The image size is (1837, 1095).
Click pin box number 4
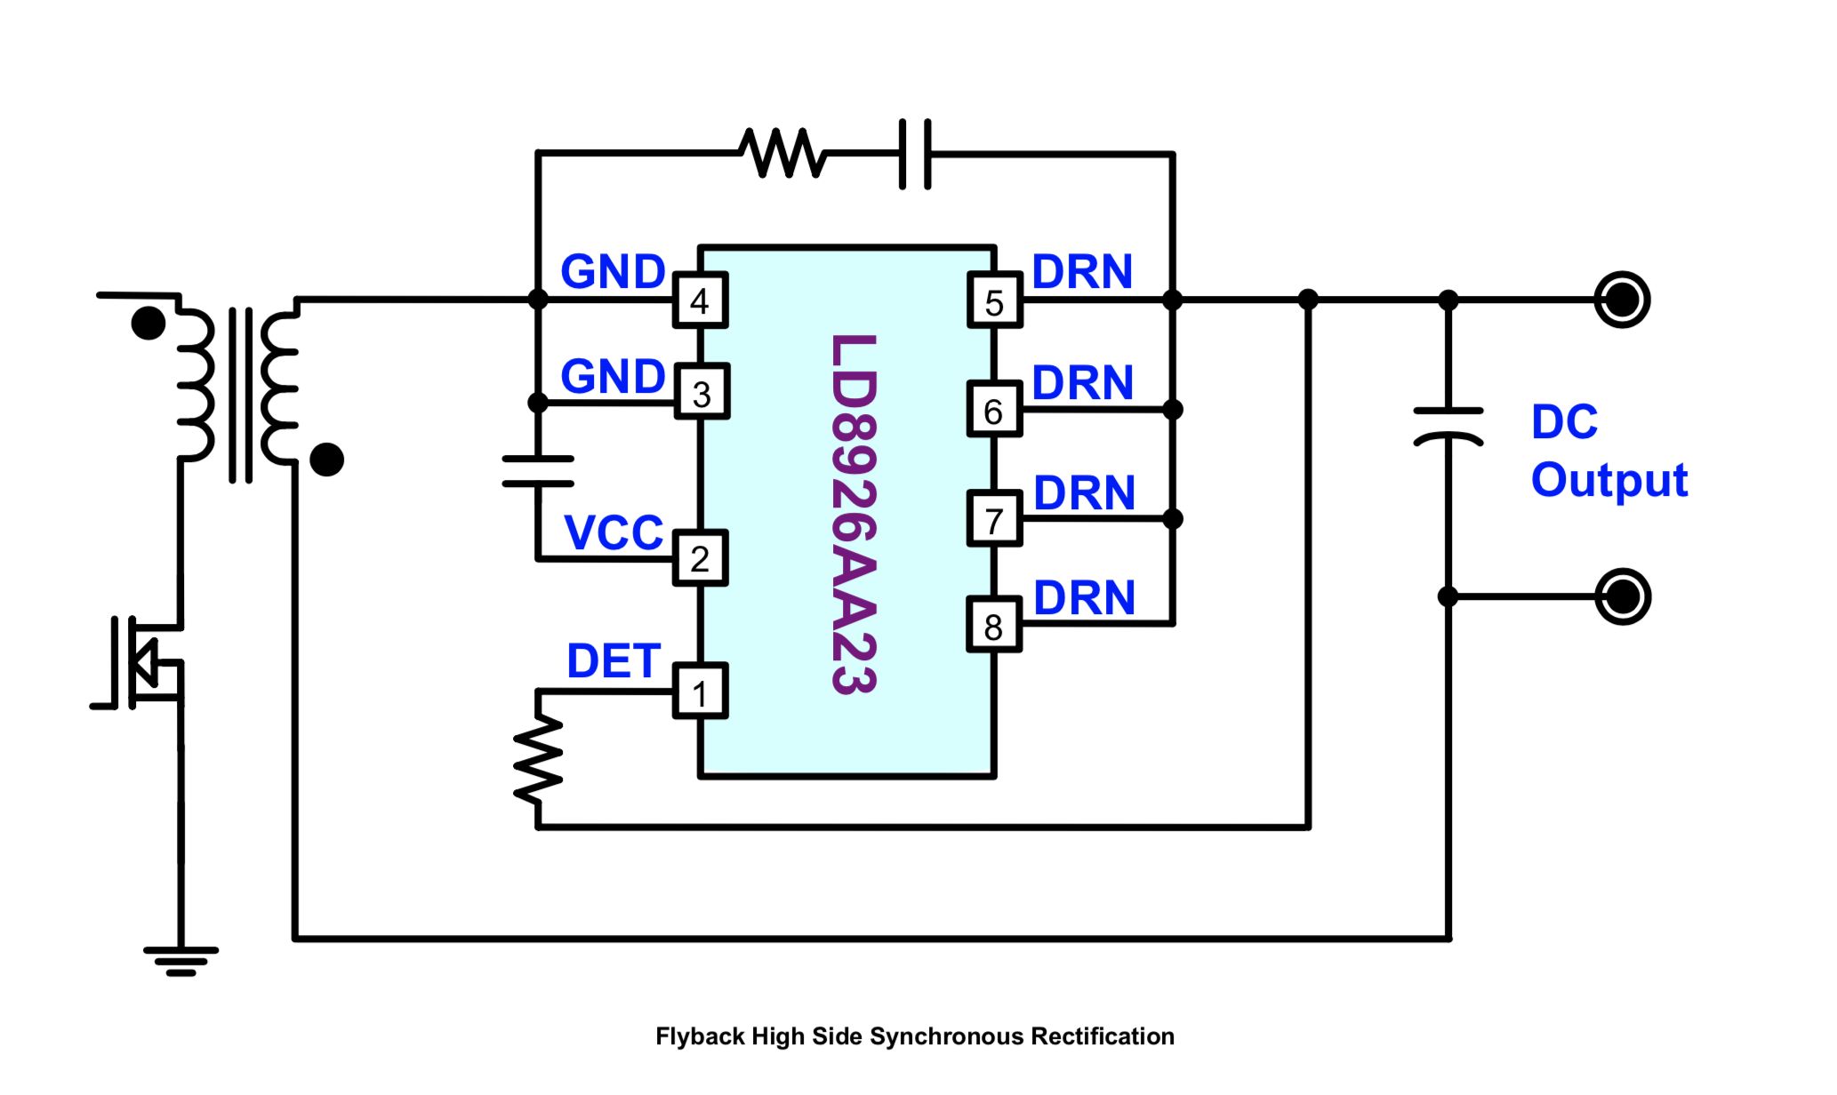(701, 300)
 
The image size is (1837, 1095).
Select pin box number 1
(701, 691)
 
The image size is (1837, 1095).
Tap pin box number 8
(994, 624)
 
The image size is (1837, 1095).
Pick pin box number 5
(994, 300)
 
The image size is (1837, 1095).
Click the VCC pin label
(614, 532)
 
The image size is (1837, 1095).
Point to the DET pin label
(614, 660)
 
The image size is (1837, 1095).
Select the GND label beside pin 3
(613, 376)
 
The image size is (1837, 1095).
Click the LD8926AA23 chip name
(854, 514)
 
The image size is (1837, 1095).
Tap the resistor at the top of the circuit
(783, 153)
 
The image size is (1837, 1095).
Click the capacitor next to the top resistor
(915, 154)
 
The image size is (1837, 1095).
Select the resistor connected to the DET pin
(538, 759)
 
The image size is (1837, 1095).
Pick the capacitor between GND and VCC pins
(538, 471)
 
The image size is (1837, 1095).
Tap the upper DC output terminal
(1622, 300)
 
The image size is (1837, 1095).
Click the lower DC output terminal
(1622, 596)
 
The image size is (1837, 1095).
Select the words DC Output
(1608, 451)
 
